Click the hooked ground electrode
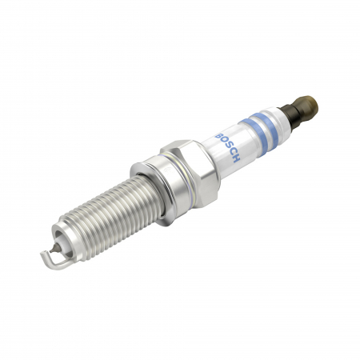tap(45, 255)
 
